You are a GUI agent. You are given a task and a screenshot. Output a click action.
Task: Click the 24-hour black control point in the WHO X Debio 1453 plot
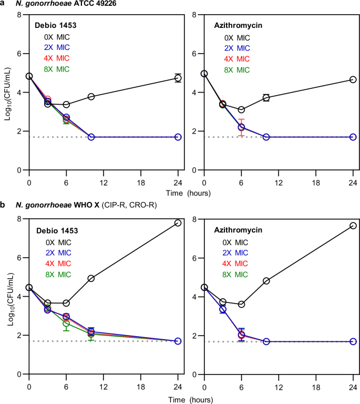[178, 223]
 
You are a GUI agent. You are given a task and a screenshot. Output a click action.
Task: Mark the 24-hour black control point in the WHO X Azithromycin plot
[353, 226]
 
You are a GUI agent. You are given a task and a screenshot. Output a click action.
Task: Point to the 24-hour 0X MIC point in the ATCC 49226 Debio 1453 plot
[178, 78]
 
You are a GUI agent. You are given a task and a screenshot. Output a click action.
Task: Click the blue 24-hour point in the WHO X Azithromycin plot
[353, 341]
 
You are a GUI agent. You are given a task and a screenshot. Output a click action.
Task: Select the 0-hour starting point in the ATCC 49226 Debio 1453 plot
[29, 76]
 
